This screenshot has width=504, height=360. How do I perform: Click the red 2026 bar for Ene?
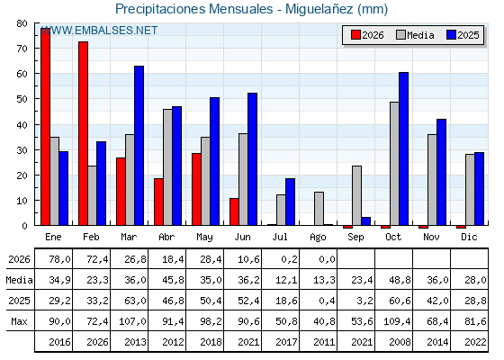pos(45,127)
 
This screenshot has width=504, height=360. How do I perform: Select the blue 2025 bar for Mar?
pos(139,146)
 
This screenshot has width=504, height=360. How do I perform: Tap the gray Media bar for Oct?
pos(394,164)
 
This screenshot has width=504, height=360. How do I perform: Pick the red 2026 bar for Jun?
pos(234,211)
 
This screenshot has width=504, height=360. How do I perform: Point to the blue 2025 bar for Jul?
pos(290,202)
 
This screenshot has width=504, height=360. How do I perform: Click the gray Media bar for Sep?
pos(356,196)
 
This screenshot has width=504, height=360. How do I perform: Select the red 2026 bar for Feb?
pos(83,133)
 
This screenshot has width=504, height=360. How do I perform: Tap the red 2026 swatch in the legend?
pos(355,35)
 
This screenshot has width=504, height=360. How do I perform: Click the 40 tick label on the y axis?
pos(22,125)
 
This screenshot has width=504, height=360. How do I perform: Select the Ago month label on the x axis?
pos(318,238)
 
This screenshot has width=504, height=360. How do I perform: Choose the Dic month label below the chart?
pos(469,237)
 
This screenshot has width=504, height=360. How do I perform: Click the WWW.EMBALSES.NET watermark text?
pos(100,31)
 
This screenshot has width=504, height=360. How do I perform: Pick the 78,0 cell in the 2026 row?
pos(59,259)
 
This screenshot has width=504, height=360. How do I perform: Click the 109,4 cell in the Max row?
pos(397,321)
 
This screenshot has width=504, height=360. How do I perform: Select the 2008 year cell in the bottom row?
pos(400,342)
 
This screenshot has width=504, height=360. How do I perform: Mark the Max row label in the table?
pos(19,321)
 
